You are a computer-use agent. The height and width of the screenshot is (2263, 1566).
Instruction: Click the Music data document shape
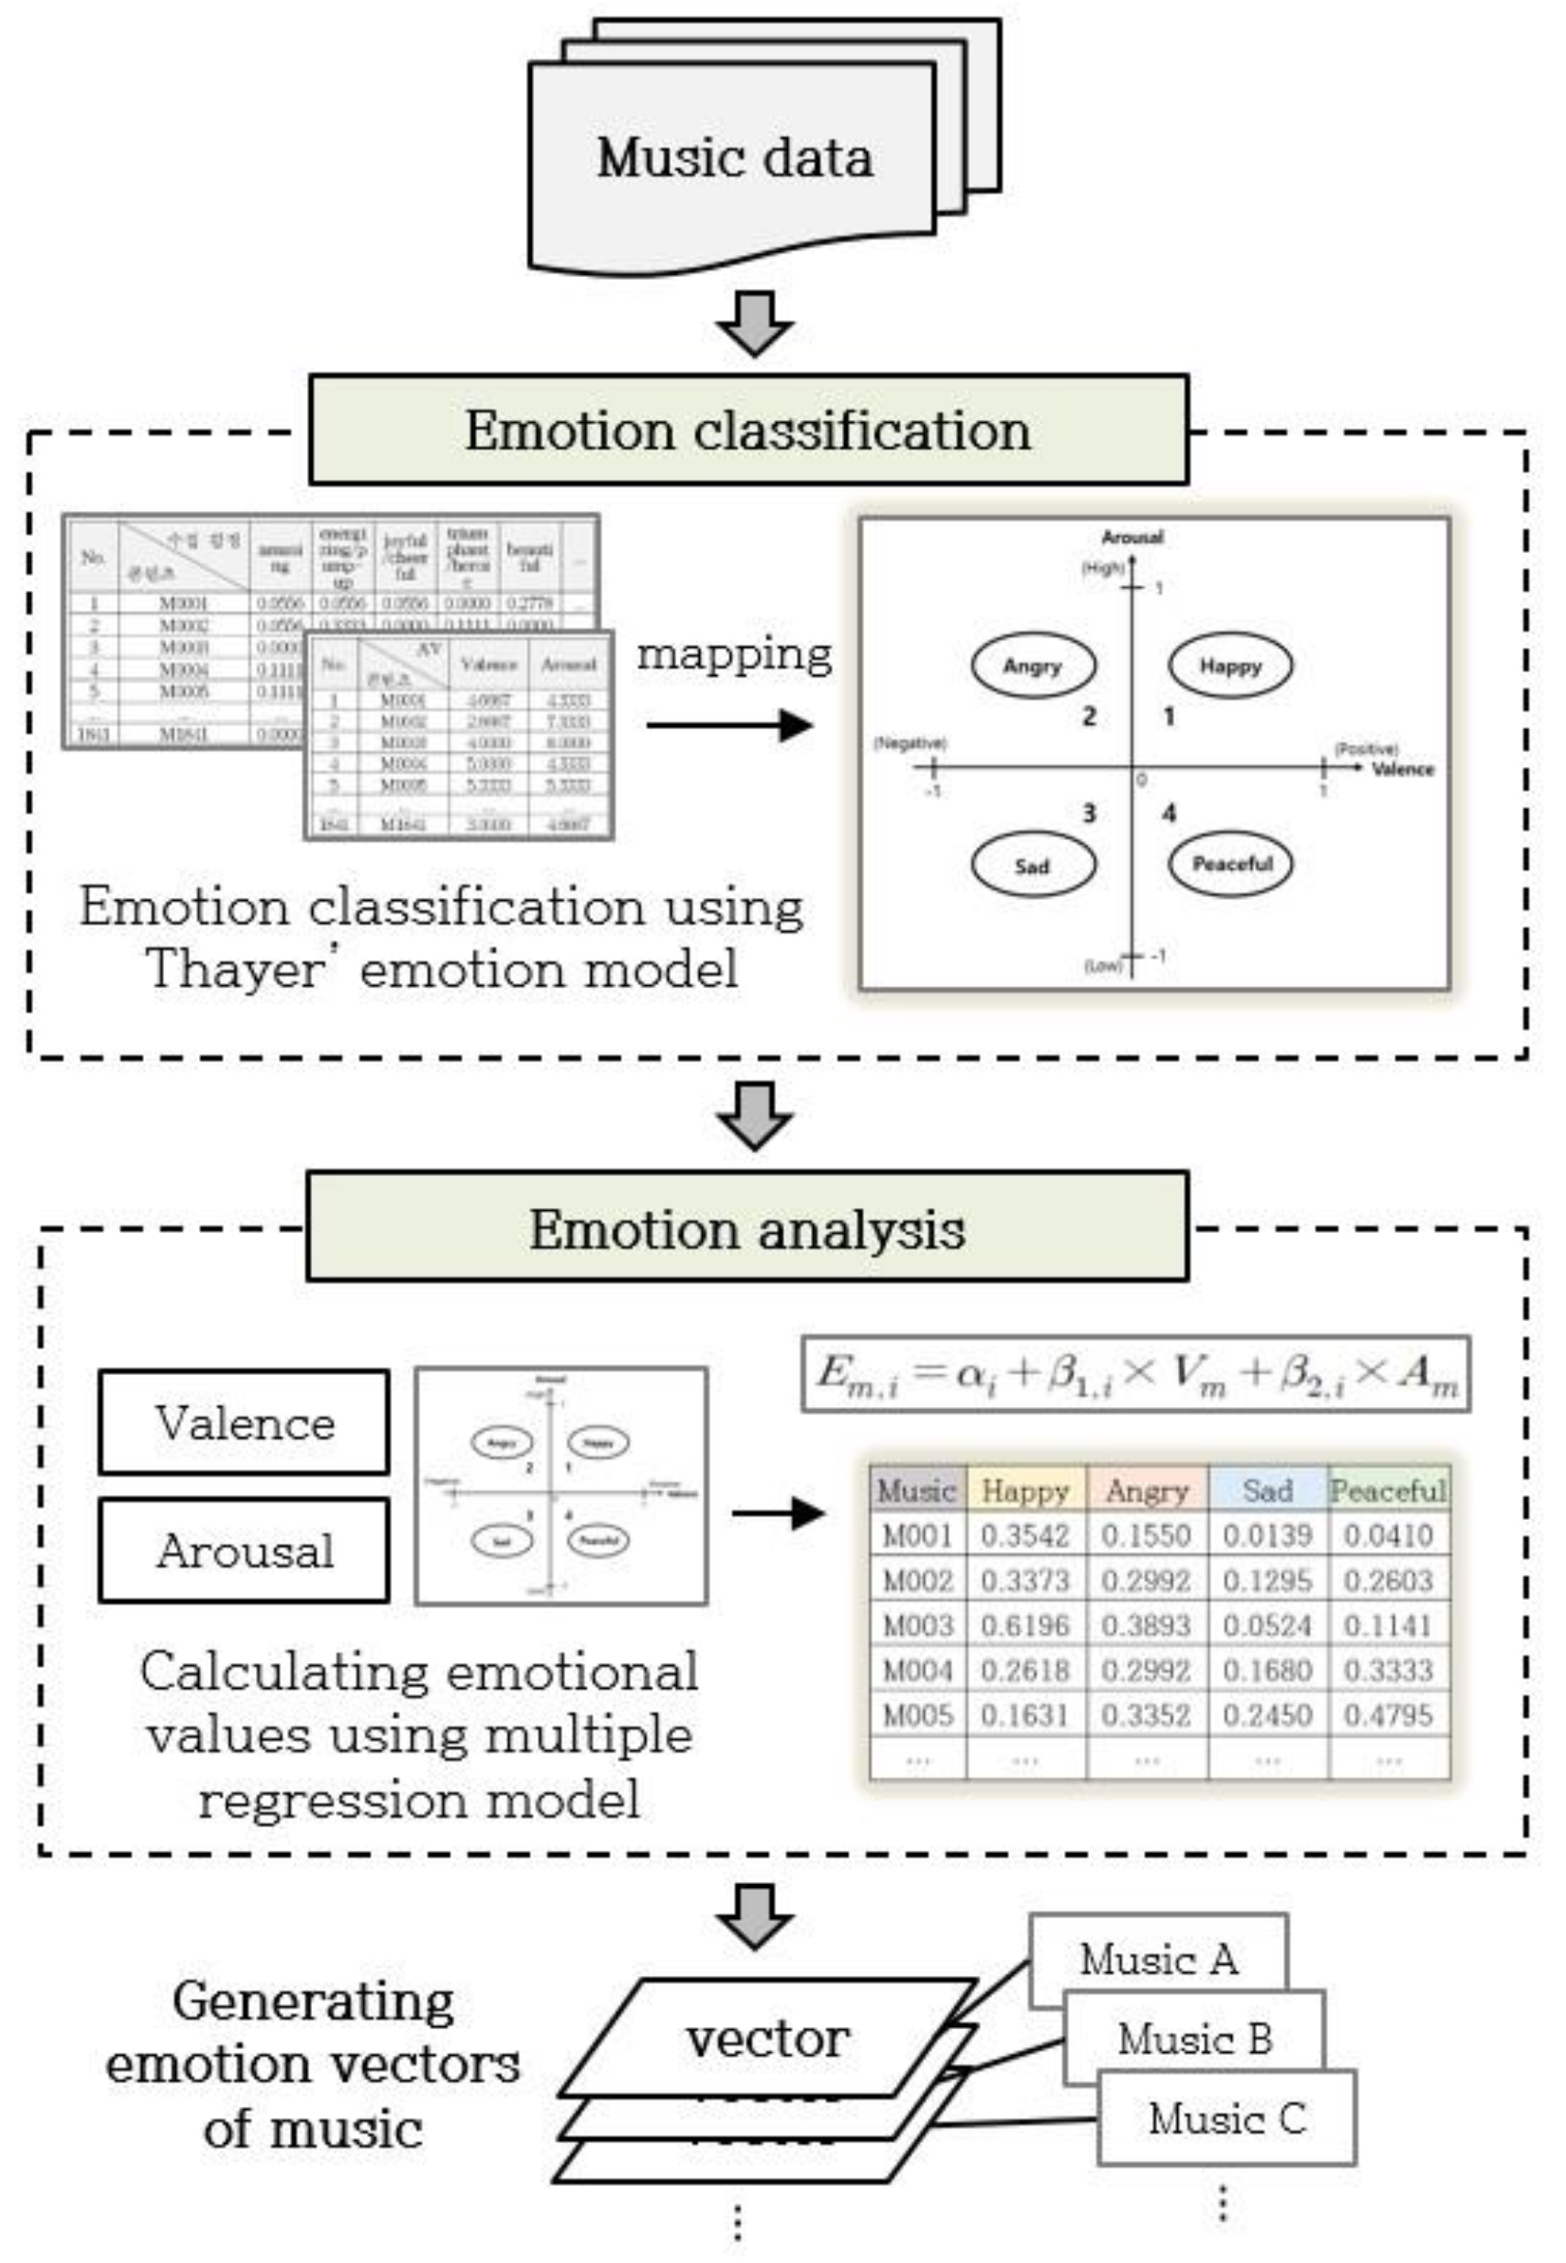(x=732, y=161)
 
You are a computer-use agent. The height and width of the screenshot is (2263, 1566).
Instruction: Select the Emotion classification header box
(x=748, y=429)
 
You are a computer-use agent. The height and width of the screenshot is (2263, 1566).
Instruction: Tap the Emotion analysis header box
(x=747, y=1227)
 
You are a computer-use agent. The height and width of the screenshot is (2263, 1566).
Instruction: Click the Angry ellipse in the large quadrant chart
(x=1032, y=666)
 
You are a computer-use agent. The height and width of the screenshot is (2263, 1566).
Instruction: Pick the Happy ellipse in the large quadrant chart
(x=1229, y=666)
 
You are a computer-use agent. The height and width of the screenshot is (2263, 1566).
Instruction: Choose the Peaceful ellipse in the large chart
(x=1231, y=863)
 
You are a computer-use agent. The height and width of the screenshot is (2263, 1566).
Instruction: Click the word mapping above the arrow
(x=734, y=654)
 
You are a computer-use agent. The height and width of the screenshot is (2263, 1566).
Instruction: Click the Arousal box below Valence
(x=244, y=1550)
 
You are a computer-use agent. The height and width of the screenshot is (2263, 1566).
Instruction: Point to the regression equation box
(x=1135, y=1373)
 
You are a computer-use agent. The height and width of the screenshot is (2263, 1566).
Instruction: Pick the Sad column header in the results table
(x=1267, y=1491)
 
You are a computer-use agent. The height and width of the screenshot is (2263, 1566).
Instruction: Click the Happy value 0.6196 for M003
(x=1025, y=1625)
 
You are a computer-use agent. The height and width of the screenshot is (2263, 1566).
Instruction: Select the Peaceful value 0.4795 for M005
(x=1387, y=1714)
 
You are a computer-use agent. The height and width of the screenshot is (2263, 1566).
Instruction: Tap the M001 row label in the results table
(x=917, y=1536)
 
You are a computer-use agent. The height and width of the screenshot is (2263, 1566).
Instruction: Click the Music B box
(x=1195, y=2039)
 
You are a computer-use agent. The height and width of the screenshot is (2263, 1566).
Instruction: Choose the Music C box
(x=1227, y=2119)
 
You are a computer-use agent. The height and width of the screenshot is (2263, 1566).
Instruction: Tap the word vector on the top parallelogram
(x=766, y=2039)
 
